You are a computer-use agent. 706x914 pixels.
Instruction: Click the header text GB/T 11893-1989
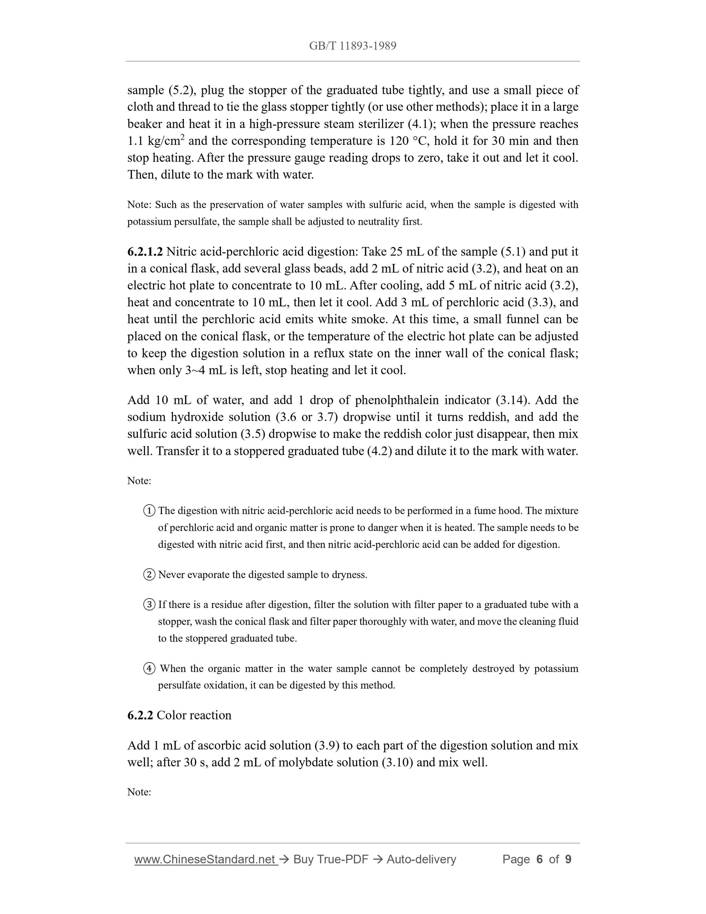(353, 46)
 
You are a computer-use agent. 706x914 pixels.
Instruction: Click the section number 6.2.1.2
(145, 252)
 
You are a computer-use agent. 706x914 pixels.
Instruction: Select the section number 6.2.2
(140, 715)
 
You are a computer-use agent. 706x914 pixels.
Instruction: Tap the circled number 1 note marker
(149, 511)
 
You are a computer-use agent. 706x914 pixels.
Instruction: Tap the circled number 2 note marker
(149, 575)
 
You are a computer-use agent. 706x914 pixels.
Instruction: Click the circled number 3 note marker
(149, 605)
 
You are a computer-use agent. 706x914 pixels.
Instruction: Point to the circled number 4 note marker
(149, 669)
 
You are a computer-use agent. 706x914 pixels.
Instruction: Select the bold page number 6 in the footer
(539, 860)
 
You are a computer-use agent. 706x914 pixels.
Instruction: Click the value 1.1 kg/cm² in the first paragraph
(156, 141)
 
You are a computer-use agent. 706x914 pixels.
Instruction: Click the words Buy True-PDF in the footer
(331, 860)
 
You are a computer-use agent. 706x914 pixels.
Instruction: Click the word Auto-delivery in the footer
(421, 860)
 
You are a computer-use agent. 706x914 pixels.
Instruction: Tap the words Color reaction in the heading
(194, 715)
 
